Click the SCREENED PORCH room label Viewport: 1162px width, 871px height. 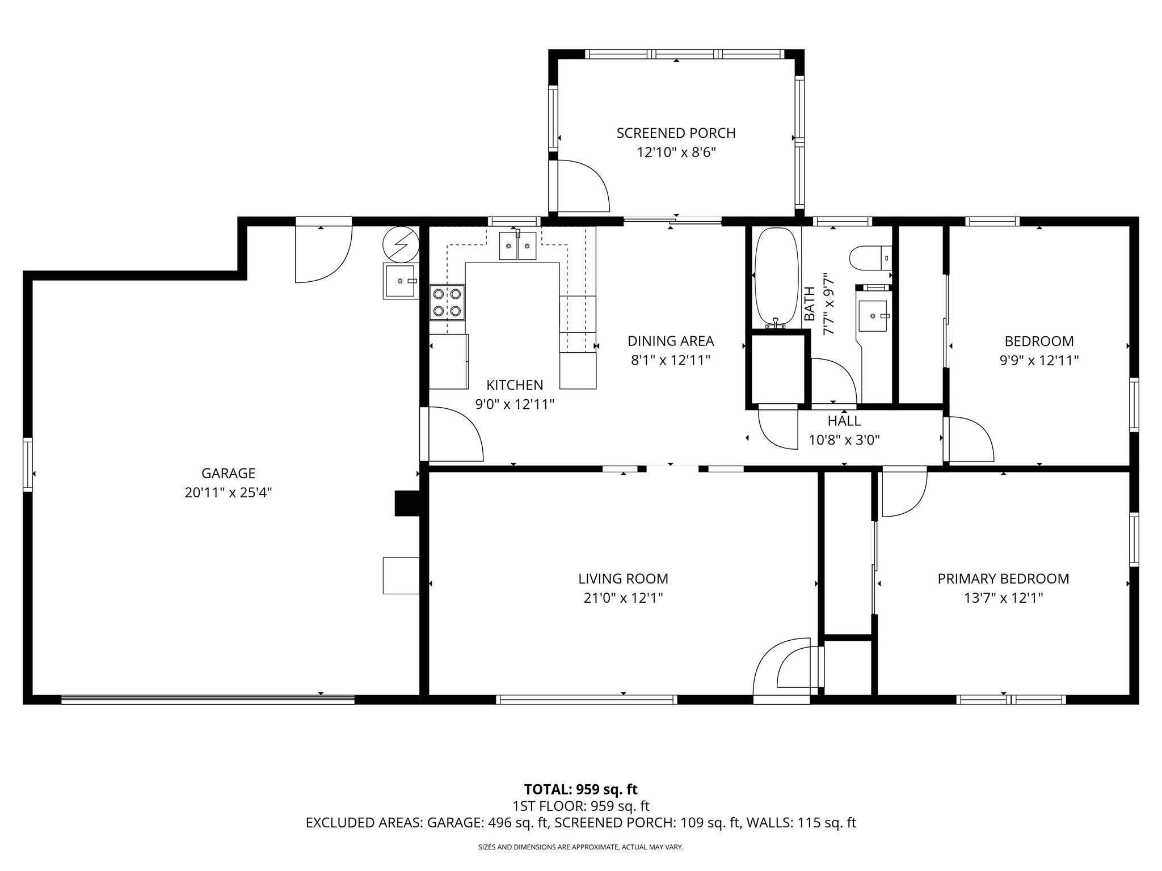click(x=676, y=133)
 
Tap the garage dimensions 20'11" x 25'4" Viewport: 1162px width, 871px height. click(x=228, y=493)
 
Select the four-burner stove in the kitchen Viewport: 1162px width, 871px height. click(x=447, y=303)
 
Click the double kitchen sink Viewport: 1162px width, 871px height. click(x=518, y=246)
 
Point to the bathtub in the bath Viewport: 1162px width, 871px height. click(x=775, y=278)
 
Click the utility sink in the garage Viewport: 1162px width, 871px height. click(x=401, y=281)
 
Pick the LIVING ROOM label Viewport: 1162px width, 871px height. click(x=623, y=579)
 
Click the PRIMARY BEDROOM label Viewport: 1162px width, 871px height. click(x=1003, y=579)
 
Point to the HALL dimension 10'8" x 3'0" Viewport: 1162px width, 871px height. click(x=844, y=440)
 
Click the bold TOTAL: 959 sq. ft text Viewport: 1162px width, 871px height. click(x=580, y=789)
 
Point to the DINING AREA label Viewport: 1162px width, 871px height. click(x=671, y=341)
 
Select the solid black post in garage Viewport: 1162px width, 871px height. click(x=406, y=503)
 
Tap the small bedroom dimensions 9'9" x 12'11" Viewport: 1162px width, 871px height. click(x=1039, y=360)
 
